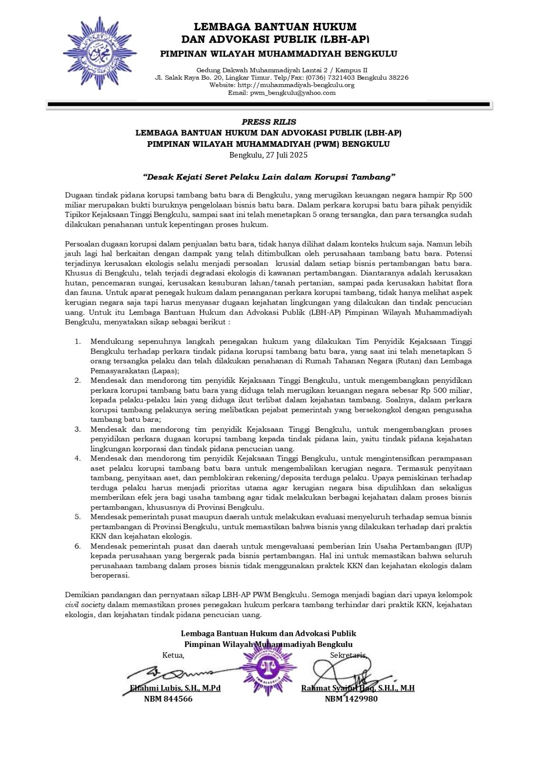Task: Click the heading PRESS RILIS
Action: coord(269,122)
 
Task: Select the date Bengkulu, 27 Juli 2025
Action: coord(269,155)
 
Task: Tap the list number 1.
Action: coord(78,342)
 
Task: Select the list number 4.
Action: coord(78,458)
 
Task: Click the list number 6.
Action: coord(78,546)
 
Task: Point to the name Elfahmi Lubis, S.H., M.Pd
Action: coord(175,688)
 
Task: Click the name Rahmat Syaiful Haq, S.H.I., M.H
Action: coord(358,688)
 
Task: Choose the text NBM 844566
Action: coord(168,699)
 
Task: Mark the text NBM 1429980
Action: coord(351,699)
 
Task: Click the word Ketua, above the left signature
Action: coord(173,655)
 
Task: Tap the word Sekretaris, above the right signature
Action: coord(349,655)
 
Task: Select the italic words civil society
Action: coord(85,605)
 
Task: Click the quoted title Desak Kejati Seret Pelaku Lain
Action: coord(269,177)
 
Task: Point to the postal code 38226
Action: coord(398,77)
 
